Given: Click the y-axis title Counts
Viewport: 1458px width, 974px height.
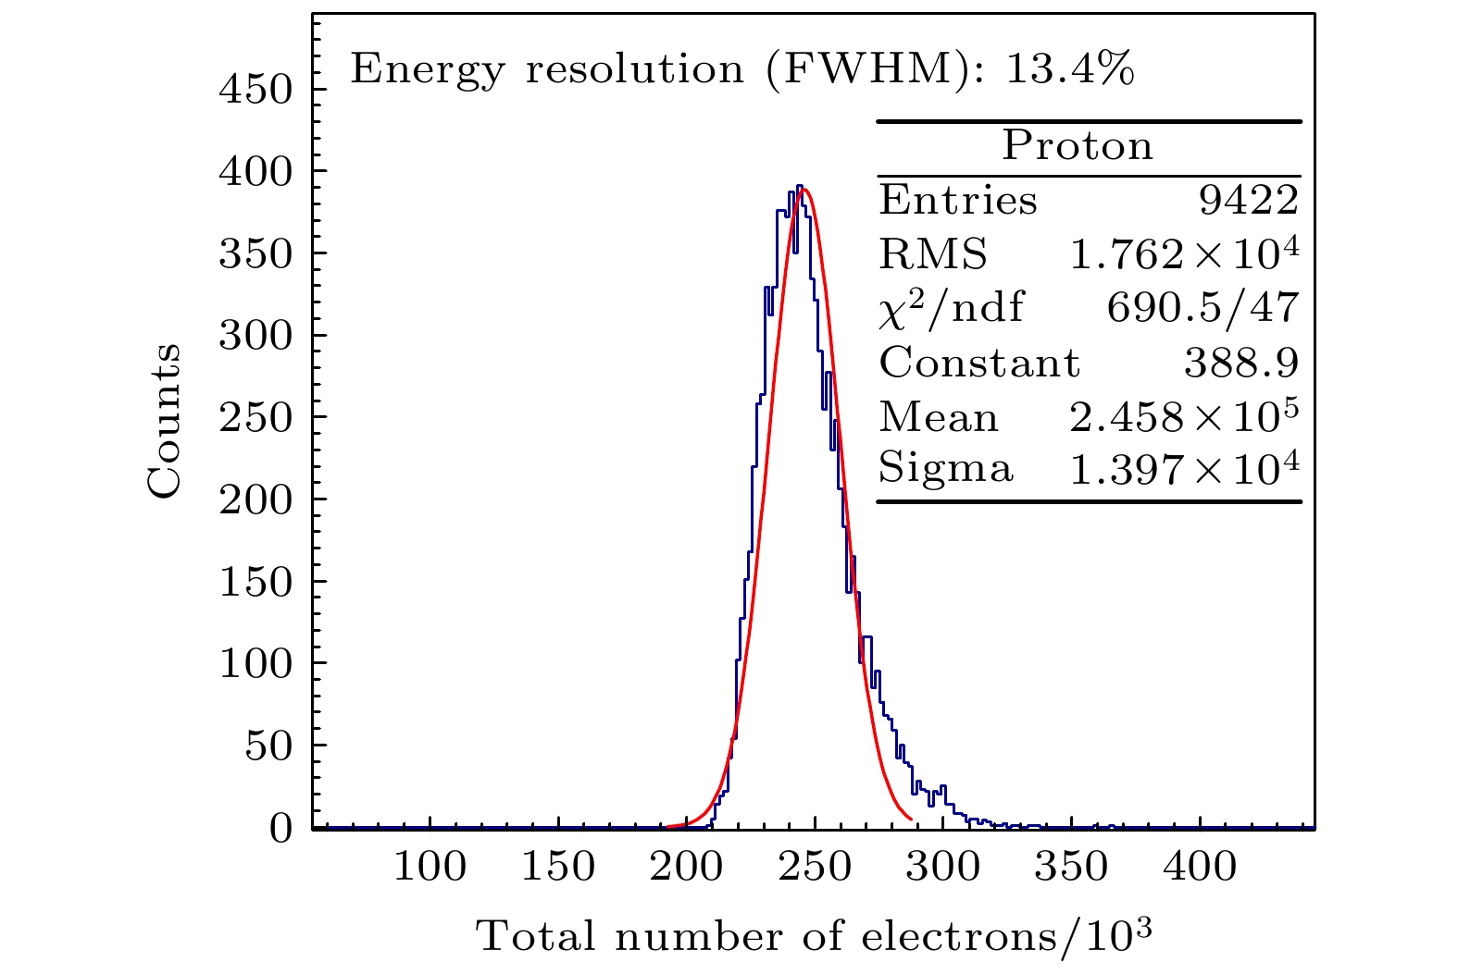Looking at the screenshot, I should coord(164,421).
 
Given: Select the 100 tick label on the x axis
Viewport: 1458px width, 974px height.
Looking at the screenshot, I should coord(430,868).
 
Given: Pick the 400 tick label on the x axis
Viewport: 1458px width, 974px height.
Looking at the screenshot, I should coord(1199,868).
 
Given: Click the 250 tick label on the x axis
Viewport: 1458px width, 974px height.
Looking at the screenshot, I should coord(815,868).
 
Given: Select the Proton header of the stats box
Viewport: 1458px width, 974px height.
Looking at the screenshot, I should coord(1078,146).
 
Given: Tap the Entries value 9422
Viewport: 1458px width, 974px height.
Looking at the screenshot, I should coord(1249,201).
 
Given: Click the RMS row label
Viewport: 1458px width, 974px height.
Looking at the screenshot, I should coord(932,254).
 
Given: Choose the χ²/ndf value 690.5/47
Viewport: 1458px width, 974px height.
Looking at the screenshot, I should coord(1203,308).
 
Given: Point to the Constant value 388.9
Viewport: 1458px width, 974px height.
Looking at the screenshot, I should coord(1240,363).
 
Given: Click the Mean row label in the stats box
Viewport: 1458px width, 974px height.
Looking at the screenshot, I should coord(938,417).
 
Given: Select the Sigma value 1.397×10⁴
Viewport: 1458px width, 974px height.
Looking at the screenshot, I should coord(1184,470).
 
